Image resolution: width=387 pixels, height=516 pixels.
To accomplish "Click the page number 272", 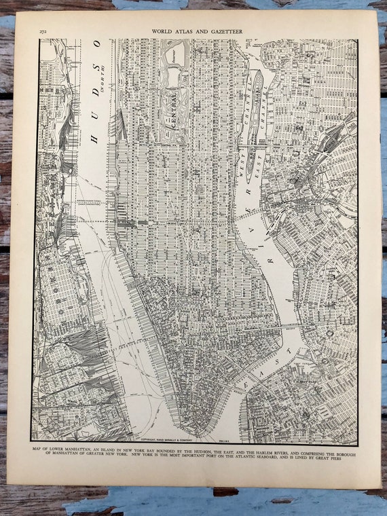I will point(43,31).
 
